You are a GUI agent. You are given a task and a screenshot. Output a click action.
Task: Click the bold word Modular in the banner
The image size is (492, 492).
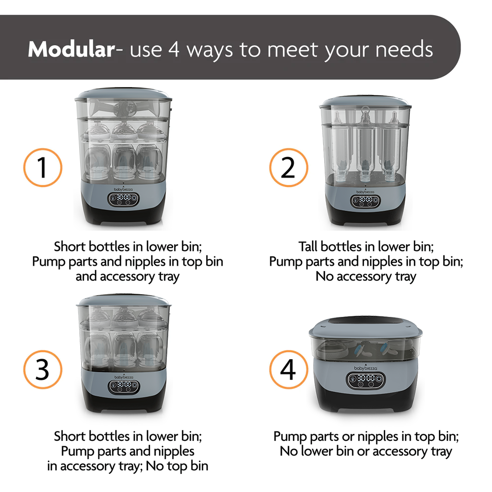coord(71,49)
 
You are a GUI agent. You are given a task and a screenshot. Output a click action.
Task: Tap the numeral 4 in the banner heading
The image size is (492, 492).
coord(174,49)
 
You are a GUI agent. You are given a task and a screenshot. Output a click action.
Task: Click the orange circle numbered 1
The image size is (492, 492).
coord(43,168)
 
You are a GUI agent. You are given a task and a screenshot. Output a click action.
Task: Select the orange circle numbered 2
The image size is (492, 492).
coord(289,168)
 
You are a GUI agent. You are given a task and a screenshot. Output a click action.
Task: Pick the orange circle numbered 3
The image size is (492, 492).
coord(43,369)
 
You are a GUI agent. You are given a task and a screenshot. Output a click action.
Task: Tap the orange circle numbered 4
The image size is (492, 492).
coord(289,369)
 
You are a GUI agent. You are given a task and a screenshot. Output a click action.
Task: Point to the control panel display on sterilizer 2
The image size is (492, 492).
coord(365,201)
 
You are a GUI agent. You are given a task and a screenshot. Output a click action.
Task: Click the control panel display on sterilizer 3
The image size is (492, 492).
coord(124,387)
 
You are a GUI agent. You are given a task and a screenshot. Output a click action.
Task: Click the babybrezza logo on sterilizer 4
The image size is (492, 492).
coord(366,368)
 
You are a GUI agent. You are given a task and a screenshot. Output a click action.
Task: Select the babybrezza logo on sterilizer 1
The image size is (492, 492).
coord(123,189)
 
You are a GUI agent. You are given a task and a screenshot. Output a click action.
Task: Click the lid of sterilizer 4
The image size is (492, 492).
coord(366,326)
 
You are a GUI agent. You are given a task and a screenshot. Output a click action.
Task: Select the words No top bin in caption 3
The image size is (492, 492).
coord(177,466)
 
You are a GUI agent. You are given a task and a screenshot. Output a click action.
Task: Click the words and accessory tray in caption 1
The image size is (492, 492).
coord(128,277)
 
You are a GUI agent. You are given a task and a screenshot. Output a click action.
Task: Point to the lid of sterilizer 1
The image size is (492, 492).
coord(123,94)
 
